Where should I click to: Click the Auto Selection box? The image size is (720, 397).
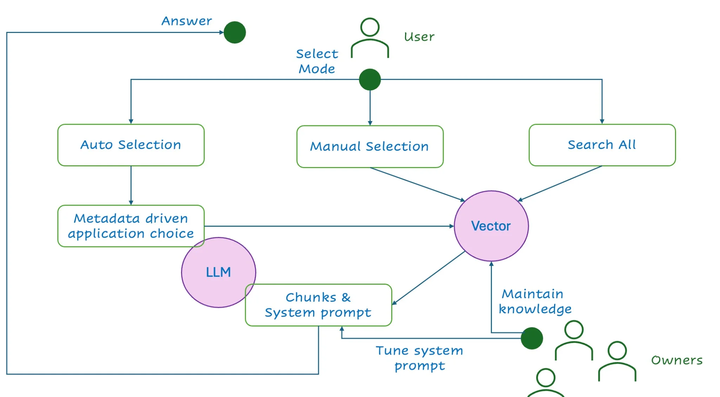[131, 145]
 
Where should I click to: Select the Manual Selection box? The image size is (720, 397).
[370, 146]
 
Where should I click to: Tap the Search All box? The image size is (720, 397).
[602, 145]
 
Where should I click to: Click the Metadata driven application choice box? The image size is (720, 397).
[131, 226]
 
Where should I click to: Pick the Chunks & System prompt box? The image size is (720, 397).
[319, 305]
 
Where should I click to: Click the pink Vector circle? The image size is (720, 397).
[491, 226]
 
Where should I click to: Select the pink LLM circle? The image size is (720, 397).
[218, 272]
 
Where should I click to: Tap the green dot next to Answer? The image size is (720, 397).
[234, 32]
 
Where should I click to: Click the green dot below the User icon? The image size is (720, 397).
[370, 79]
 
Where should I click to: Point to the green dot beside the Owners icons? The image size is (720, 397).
[532, 338]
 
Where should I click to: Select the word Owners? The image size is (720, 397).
[677, 360]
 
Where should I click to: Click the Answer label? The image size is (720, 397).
[187, 21]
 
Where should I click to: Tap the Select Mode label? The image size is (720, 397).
[317, 61]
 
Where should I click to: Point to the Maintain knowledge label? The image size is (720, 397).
[534, 302]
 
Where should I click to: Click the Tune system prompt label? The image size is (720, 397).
[419, 358]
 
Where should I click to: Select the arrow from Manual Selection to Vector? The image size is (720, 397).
[417, 185]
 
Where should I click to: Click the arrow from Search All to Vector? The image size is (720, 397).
[560, 184]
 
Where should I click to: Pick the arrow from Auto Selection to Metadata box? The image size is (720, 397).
[131, 185]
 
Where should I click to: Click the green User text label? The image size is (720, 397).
[419, 37]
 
